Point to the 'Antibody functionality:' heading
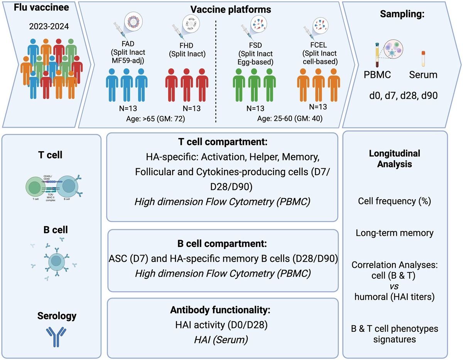[223, 311]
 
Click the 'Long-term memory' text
[395, 233]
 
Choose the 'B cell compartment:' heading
[223, 244]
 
